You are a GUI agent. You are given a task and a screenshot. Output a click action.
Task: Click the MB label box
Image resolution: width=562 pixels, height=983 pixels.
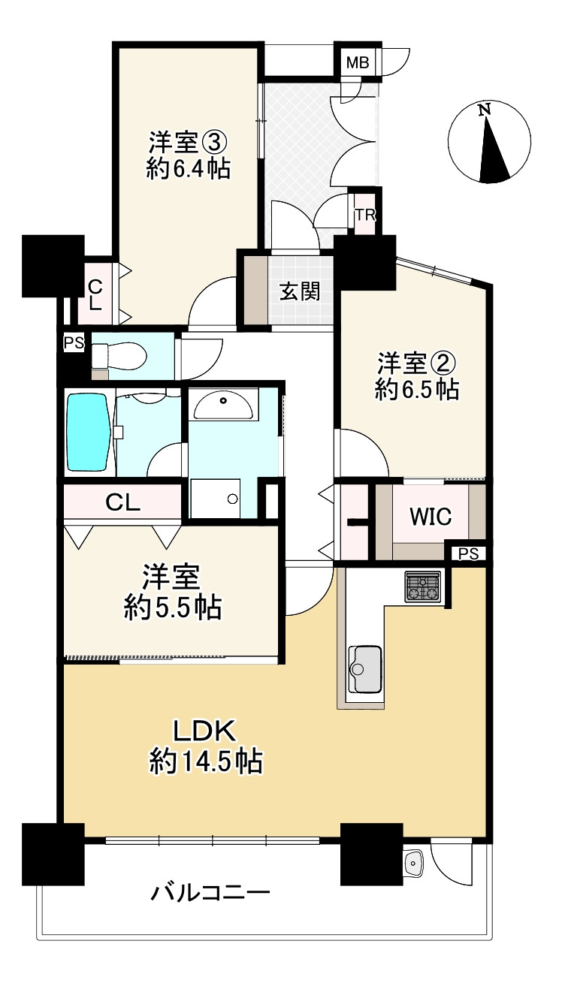[x=357, y=62]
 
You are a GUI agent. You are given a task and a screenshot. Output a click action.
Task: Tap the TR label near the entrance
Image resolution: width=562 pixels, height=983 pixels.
[x=365, y=215]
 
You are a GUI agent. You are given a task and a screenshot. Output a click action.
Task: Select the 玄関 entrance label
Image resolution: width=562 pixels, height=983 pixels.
[x=301, y=291]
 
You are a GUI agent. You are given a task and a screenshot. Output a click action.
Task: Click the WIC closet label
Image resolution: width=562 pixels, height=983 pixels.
[x=431, y=517]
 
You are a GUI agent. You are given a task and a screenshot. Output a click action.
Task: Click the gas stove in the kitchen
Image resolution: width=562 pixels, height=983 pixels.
[x=423, y=586]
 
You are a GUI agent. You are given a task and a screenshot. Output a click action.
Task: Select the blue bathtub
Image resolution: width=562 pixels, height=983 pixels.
[x=89, y=433]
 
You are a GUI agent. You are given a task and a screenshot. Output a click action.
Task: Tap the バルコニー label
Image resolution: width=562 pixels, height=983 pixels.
[x=210, y=894]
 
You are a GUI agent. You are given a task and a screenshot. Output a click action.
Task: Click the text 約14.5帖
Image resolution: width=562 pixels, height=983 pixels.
[x=206, y=762]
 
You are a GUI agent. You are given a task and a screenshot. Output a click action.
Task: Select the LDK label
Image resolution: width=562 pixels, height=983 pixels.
[x=206, y=730]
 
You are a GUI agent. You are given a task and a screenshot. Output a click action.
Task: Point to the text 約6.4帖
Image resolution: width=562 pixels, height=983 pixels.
[x=188, y=169]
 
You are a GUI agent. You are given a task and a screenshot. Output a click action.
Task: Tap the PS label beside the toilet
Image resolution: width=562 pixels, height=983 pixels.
[x=73, y=343]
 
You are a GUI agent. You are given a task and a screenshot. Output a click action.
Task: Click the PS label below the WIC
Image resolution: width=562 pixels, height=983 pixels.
[x=468, y=554]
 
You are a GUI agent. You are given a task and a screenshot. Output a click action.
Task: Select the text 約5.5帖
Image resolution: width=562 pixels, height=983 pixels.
[x=173, y=608]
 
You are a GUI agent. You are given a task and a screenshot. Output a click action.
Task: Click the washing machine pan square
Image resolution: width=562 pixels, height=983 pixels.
[x=215, y=499]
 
